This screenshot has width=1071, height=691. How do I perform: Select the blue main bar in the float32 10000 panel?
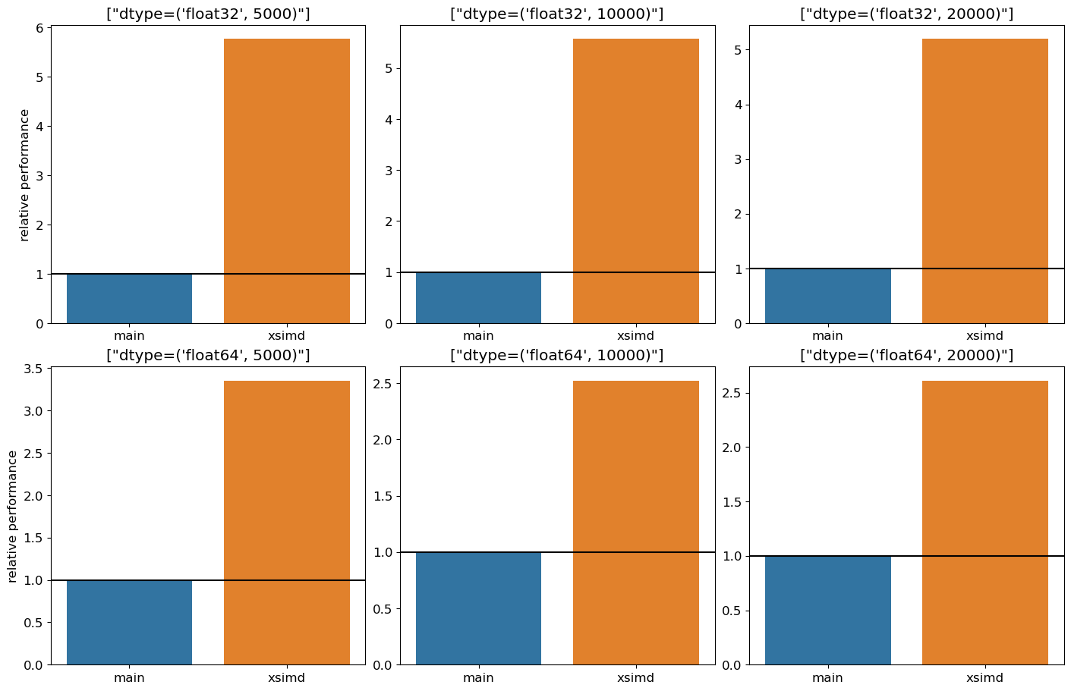pos(478,297)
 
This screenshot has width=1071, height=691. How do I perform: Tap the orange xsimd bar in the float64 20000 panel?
pos(984,523)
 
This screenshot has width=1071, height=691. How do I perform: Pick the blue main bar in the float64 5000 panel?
pos(129,622)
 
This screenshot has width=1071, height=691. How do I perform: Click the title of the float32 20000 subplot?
pos(906,14)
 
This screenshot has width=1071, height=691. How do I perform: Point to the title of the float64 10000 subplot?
pos(557,355)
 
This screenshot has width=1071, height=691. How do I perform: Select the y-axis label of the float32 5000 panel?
pos(24,175)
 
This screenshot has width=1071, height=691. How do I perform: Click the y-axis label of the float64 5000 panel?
pos(13,517)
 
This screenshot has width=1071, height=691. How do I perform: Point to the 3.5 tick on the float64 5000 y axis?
pos(33,369)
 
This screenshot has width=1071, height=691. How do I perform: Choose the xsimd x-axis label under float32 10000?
pos(635,336)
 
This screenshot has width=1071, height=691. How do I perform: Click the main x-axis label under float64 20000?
pos(827,678)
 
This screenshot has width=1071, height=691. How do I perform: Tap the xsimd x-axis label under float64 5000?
pos(287,678)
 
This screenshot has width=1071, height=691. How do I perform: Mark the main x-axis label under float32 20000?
pos(827,336)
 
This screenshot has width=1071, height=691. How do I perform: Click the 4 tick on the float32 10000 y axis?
pos(389,120)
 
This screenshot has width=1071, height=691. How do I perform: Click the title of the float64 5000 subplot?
pos(208,355)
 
